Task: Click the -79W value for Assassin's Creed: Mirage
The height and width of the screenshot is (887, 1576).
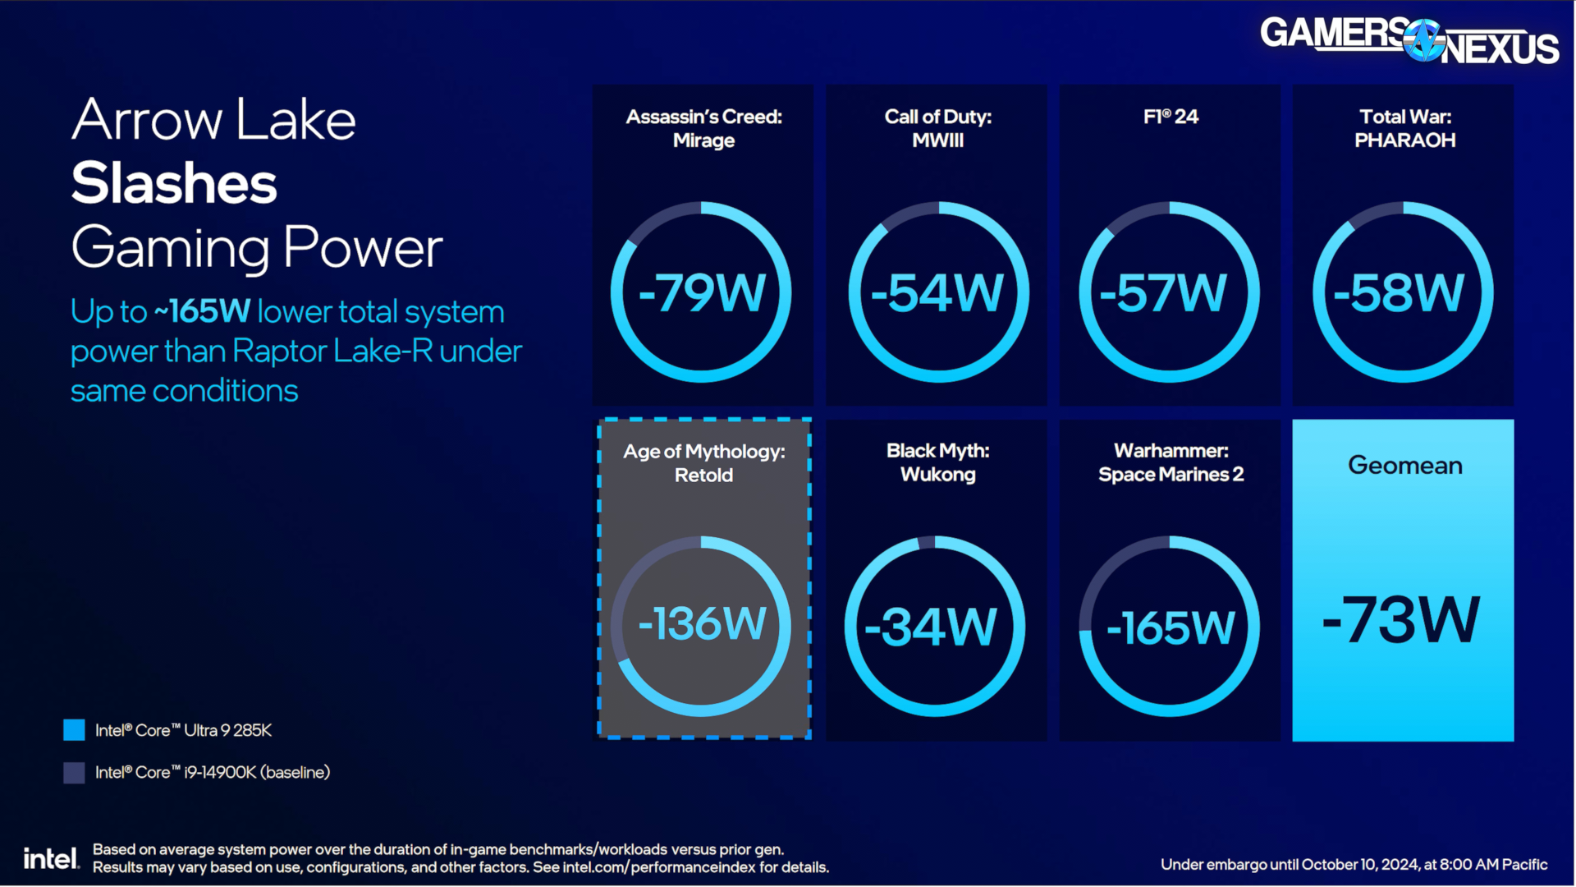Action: pyautogui.click(x=703, y=292)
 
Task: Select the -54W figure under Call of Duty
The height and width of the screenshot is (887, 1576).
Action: pyautogui.click(x=937, y=292)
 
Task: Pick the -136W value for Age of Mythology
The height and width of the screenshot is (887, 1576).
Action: pyautogui.click(x=703, y=623)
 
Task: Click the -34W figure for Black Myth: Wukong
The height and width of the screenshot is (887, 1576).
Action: pyautogui.click(x=931, y=627)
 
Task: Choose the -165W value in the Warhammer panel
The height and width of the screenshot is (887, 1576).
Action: pyautogui.click(x=1171, y=627)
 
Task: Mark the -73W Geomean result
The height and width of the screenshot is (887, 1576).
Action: pyautogui.click(x=1401, y=619)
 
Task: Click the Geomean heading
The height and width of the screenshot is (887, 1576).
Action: pyautogui.click(x=1404, y=466)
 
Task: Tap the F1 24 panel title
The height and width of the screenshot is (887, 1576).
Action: pyautogui.click(x=1171, y=117)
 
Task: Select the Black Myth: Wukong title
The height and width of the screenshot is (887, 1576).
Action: pyautogui.click(x=937, y=462)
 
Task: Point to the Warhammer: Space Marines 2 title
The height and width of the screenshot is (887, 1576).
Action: pyautogui.click(x=1171, y=462)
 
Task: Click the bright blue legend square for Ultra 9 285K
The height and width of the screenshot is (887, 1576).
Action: pyautogui.click(x=74, y=730)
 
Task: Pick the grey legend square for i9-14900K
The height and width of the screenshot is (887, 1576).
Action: pyautogui.click(x=74, y=772)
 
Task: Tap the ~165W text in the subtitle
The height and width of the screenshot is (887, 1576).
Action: pyautogui.click(x=202, y=312)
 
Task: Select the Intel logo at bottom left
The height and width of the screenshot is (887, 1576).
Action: pyautogui.click(x=51, y=858)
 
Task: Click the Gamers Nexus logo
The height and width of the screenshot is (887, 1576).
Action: pyautogui.click(x=1409, y=40)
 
